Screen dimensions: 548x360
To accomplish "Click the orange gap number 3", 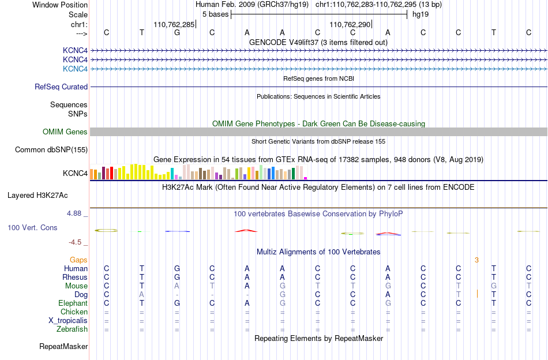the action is [x=476, y=260].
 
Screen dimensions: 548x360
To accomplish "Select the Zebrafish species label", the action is [x=72, y=329].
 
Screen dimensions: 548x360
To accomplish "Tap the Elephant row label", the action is [x=73, y=303].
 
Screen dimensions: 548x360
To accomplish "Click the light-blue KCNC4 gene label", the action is [x=75, y=69].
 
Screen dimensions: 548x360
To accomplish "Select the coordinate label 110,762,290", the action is [x=350, y=24].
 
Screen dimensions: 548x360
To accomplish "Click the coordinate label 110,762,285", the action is [x=174, y=24].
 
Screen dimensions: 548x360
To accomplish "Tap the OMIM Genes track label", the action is [x=65, y=132].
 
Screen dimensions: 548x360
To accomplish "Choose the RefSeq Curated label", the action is [x=61, y=87].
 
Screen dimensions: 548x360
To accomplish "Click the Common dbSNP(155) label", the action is [x=51, y=149].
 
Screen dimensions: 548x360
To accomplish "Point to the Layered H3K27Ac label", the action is [x=37, y=196].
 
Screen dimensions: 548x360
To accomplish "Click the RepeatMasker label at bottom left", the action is [x=63, y=346].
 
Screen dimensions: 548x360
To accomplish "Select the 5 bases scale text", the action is [x=215, y=14].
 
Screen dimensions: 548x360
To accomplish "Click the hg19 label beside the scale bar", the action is [x=421, y=14].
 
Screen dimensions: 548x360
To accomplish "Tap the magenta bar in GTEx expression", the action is [x=306, y=178].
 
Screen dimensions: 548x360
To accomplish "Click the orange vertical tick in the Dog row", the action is [x=477, y=294].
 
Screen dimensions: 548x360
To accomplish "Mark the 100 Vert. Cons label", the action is [x=32, y=227].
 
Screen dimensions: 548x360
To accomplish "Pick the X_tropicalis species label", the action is [x=68, y=321].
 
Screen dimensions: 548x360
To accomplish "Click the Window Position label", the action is [x=60, y=5].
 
